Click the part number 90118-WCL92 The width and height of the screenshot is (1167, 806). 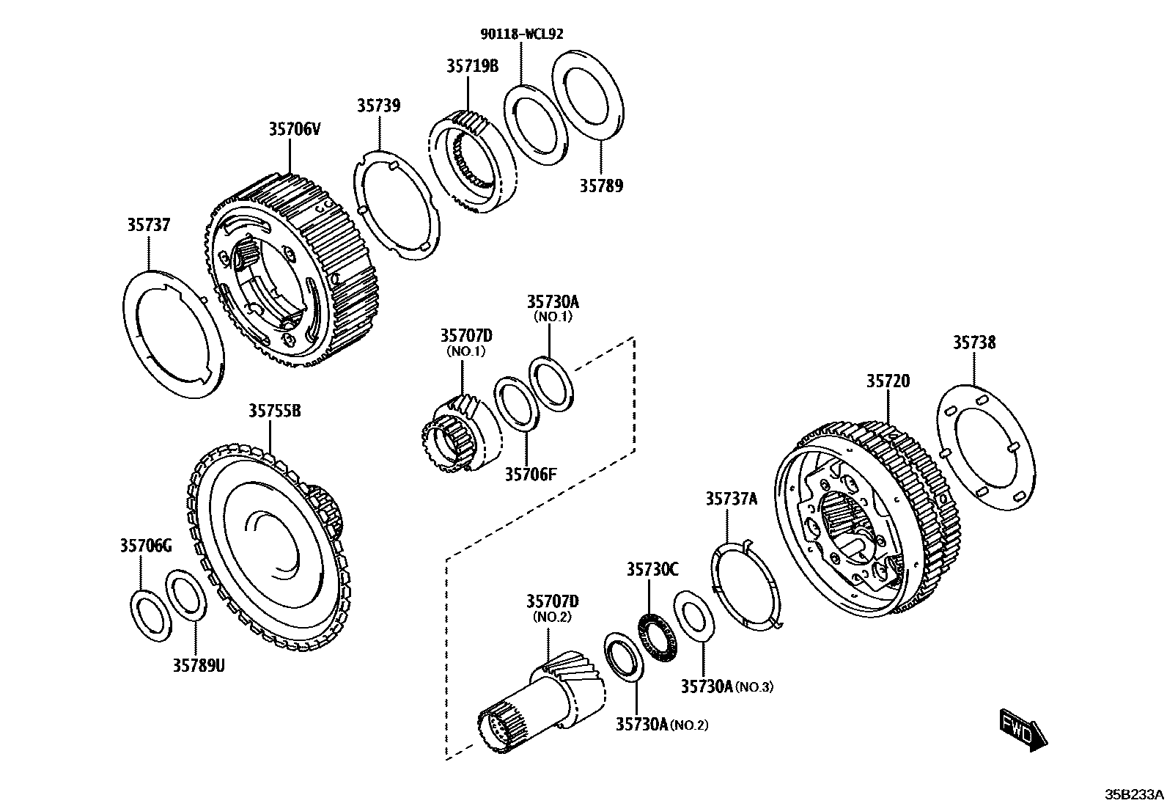(522, 33)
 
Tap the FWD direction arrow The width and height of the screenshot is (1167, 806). (1023, 730)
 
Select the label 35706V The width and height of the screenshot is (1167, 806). (294, 130)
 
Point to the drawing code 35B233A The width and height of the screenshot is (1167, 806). (1134, 794)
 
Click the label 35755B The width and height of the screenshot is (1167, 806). (274, 411)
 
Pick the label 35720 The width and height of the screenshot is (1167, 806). (888, 381)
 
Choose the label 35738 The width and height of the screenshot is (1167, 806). (974, 342)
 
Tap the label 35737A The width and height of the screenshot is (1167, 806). (731, 499)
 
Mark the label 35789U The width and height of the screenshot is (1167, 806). (199, 665)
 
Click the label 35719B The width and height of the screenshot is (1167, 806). (472, 66)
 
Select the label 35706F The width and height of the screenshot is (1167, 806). (531, 475)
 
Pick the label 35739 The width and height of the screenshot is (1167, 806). (378, 106)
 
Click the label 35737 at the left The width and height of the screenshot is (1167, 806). (148, 225)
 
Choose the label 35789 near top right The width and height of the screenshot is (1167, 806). (601, 186)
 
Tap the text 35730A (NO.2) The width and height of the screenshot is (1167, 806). (661, 725)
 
